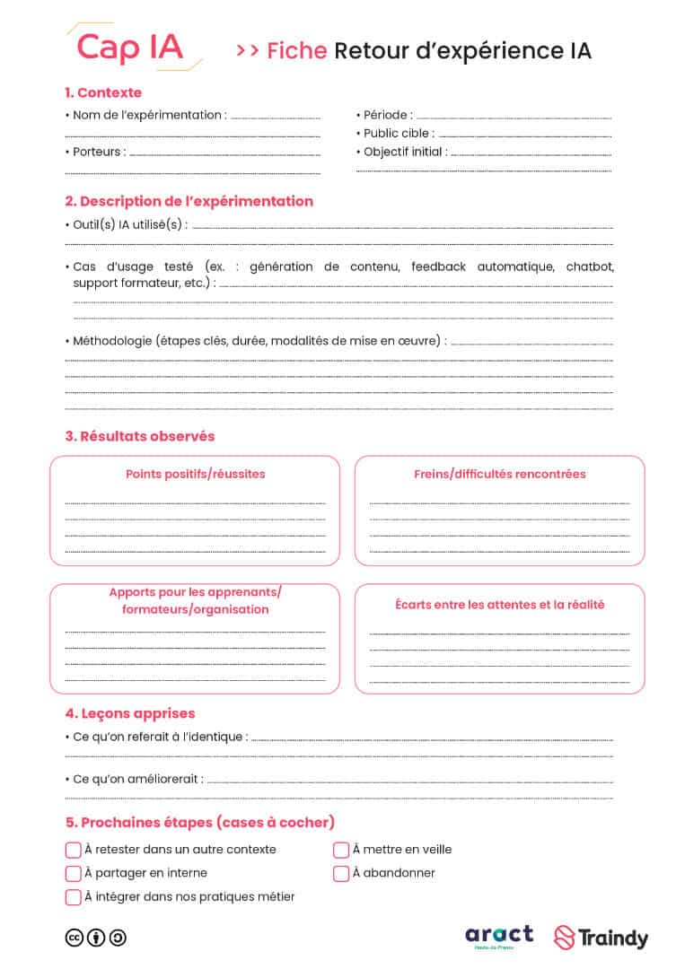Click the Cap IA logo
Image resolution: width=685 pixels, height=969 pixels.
[130, 47]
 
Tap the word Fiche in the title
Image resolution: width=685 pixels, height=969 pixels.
[296, 51]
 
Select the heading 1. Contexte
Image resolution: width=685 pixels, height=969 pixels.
[103, 92]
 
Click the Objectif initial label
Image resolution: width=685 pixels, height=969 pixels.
[405, 152]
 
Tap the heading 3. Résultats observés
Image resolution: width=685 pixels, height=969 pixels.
[140, 436]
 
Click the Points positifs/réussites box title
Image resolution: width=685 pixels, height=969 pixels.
[195, 474]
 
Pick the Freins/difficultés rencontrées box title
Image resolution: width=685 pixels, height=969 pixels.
[499, 474]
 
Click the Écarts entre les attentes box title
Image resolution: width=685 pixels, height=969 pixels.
[499, 605]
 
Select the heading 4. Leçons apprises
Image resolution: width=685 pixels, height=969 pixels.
[130, 713]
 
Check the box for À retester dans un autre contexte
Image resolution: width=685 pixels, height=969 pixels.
[74, 850]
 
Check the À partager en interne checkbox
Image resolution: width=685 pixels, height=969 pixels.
[74, 873]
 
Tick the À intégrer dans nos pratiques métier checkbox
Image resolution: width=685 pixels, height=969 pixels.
[74, 897]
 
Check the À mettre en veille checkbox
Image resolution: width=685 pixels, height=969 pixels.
[341, 850]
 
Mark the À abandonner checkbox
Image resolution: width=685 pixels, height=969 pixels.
[341, 873]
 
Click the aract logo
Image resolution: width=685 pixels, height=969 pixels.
[499, 937]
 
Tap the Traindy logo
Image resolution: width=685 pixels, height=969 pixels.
[601, 938]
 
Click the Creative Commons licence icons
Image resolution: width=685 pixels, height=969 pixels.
[96, 938]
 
